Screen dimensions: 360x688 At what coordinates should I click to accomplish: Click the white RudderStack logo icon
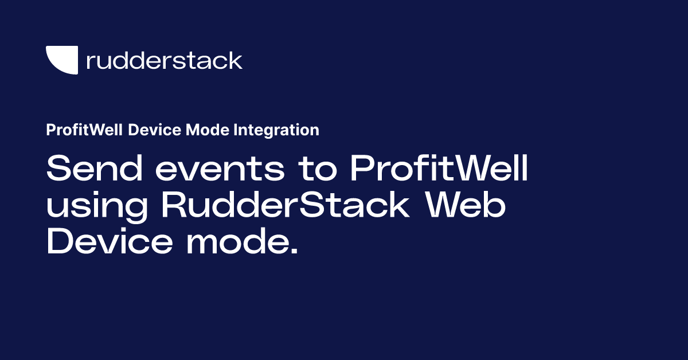tap(61, 60)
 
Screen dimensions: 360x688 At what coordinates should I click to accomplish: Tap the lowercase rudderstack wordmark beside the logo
tap(164, 60)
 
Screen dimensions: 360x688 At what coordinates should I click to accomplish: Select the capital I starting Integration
tap(236, 130)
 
